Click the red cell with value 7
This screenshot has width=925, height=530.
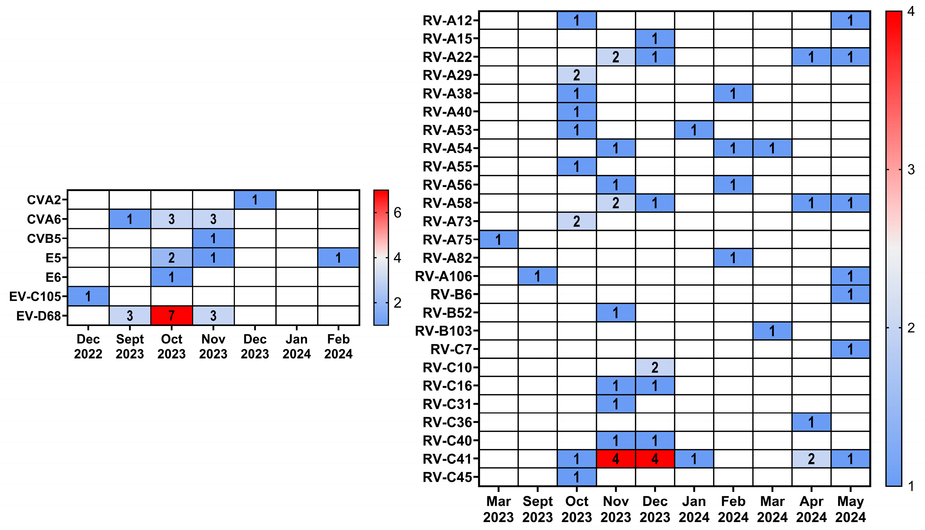[x=172, y=315]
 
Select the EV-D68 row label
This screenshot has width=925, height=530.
[x=38, y=316]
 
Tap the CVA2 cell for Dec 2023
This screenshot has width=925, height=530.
[x=255, y=200]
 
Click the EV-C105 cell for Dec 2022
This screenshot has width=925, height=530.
[x=88, y=296]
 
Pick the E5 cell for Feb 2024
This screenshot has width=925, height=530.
[x=338, y=258]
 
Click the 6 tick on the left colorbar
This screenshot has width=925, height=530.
[x=397, y=212]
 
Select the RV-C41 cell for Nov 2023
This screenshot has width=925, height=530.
[x=616, y=459]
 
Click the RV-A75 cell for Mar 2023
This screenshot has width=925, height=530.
[x=498, y=239]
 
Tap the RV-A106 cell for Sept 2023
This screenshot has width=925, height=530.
[x=537, y=276]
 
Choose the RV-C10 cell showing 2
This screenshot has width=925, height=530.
[x=655, y=368]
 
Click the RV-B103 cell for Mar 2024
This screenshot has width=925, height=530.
[x=772, y=331]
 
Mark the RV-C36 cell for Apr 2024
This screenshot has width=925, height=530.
[x=811, y=422]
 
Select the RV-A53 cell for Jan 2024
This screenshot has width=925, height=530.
[x=694, y=130]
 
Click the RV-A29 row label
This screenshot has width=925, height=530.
[x=447, y=75]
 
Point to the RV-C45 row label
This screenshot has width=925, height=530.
[x=447, y=477]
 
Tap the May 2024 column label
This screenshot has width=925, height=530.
[x=850, y=509]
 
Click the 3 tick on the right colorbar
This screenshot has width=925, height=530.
[x=911, y=170]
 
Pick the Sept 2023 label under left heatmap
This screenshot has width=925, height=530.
[x=130, y=346]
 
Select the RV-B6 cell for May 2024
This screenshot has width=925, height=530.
[x=850, y=295]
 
